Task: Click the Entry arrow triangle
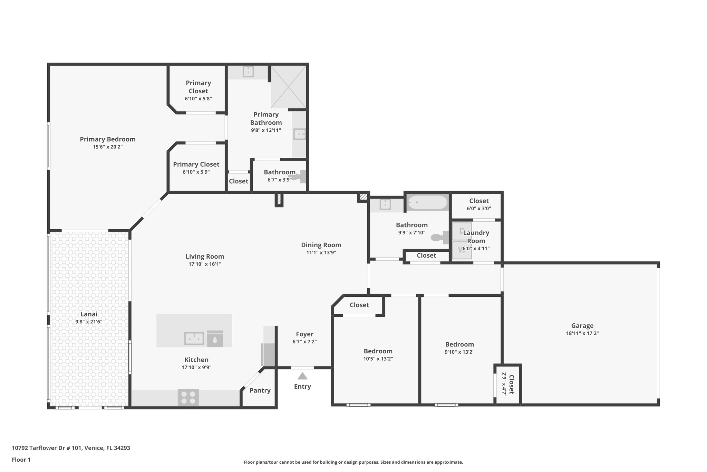point(302,376)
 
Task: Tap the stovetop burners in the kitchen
point(188,397)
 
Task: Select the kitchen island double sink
point(194,338)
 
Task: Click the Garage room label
point(582,325)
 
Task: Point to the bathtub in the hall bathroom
point(427,202)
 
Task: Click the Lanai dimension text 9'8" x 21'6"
point(89,322)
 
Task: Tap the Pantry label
point(260,390)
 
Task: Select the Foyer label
point(304,334)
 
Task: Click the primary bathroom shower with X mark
point(288,86)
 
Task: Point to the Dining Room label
point(321,245)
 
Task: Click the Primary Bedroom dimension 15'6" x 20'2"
point(108,147)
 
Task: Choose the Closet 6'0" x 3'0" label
point(479,201)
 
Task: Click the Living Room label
point(205,256)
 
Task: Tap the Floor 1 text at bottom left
point(21,460)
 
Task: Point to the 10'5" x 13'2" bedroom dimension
point(378,359)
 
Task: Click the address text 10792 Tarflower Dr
point(47,448)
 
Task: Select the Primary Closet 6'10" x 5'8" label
point(198,87)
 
